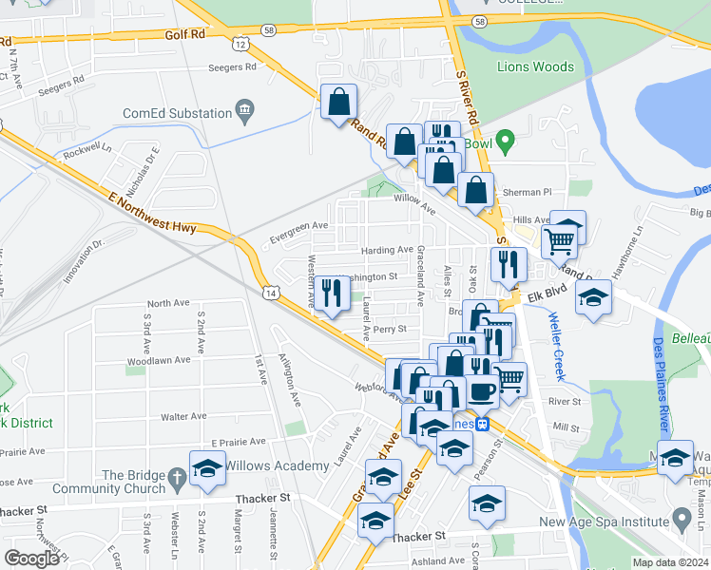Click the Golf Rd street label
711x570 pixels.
(183, 33)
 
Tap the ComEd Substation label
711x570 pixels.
(178, 113)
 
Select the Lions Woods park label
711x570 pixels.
(535, 66)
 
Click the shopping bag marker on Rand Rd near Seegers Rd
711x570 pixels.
(338, 102)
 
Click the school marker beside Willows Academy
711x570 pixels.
(207, 468)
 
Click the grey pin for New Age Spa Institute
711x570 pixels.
(681, 520)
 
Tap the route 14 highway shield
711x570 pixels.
(273, 294)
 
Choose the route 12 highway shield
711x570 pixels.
(240, 44)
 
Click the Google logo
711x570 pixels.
(31, 559)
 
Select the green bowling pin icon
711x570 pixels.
(506, 144)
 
